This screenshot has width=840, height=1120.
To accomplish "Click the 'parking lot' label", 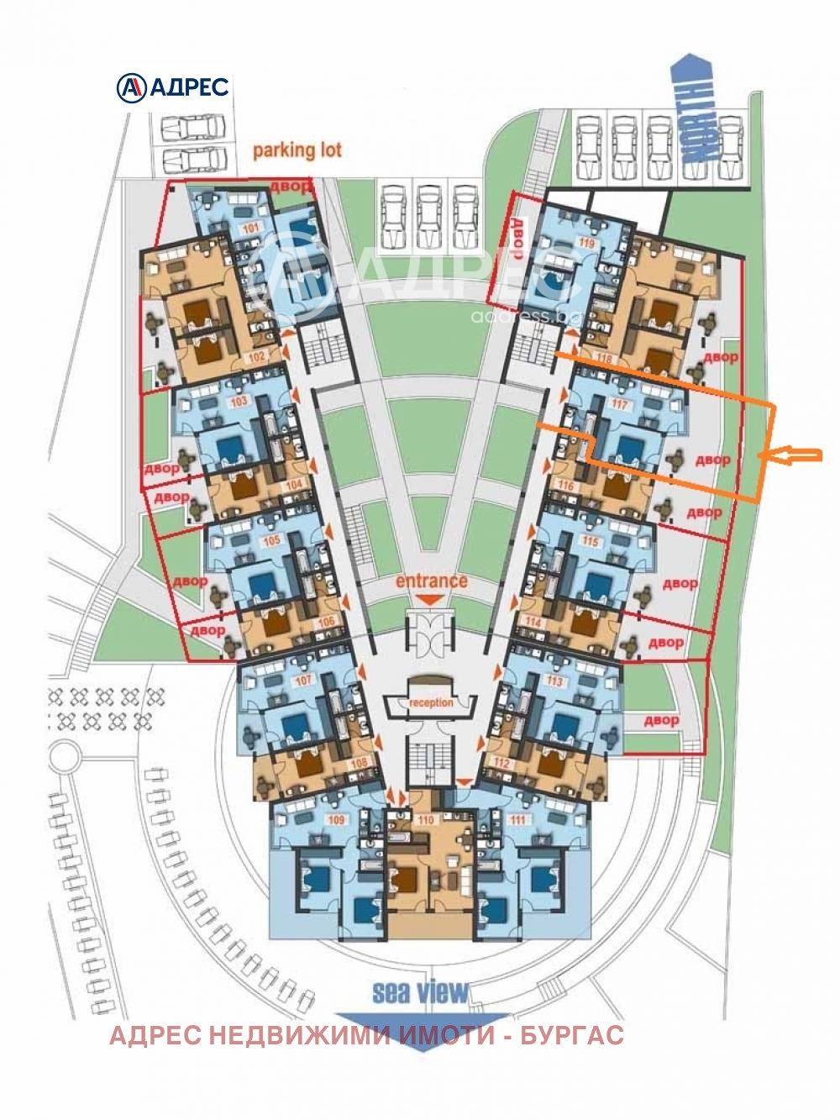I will [297, 150].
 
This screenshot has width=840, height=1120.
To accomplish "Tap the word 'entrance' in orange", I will [431, 581].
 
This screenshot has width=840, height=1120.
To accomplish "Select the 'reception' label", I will [431, 702].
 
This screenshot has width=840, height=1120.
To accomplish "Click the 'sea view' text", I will [420, 992].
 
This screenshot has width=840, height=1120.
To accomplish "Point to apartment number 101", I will [250, 227].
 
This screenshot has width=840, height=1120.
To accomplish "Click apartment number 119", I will [587, 244].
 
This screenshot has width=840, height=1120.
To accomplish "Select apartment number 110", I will [425, 821].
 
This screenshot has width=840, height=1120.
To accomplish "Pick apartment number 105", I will [271, 542].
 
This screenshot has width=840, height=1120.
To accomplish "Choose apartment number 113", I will [554, 681].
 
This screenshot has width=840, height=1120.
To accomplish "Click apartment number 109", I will [336, 820].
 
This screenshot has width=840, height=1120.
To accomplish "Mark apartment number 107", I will [302, 681].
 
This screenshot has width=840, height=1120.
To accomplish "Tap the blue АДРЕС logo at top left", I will [172, 87].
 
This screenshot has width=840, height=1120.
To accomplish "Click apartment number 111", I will [517, 820].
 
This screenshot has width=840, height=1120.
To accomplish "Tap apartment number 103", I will [239, 402].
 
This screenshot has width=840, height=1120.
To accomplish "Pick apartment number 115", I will [591, 542].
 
